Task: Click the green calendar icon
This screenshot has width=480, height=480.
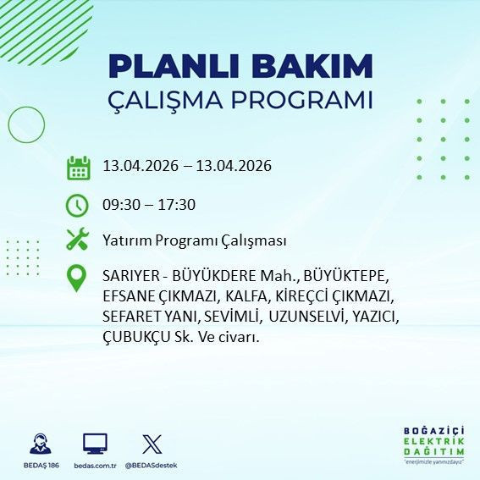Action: [x=78, y=167]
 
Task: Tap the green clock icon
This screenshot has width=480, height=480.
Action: [x=78, y=205]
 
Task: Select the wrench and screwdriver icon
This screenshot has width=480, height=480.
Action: [x=78, y=240]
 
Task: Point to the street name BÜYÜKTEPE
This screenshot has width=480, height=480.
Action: [x=340, y=278]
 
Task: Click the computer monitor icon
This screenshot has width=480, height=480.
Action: [x=95, y=444]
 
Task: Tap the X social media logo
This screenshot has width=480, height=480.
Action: [x=152, y=444]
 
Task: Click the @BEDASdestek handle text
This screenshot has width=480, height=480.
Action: [x=152, y=466]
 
